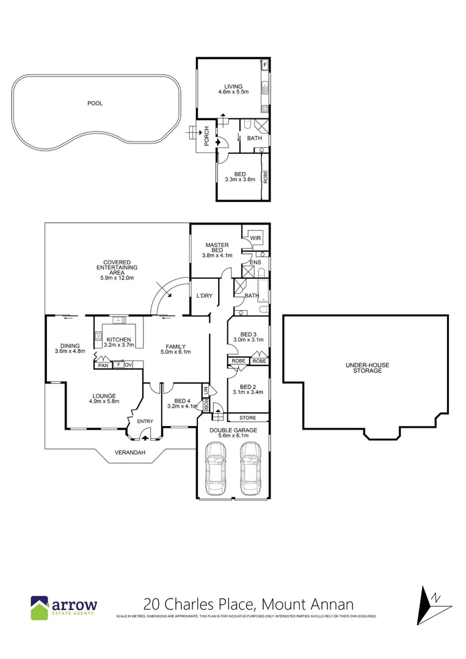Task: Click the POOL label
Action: [x=95, y=104]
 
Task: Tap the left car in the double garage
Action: [x=216, y=468]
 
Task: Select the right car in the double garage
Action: [x=250, y=468]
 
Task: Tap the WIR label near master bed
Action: [x=255, y=238]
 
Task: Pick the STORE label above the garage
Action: [x=248, y=418]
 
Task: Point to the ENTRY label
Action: [x=145, y=421]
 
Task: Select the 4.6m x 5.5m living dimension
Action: [x=233, y=92]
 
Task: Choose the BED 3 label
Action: [x=248, y=334]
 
